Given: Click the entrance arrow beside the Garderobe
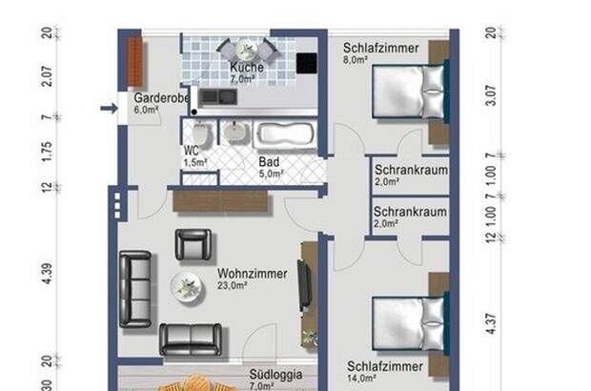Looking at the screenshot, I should [x=108, y=109].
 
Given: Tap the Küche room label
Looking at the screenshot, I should [x=248, y=69].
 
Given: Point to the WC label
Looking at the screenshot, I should [x=193, y=151].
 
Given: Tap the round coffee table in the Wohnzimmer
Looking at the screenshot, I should [x=184, y=286].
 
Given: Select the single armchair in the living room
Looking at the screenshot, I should [x=191, y=246].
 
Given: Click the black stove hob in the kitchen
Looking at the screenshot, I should [x=308, y=64].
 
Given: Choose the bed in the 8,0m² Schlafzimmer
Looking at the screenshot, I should [x=409, y=93].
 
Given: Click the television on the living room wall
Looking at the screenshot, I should [x=303, y=283].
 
